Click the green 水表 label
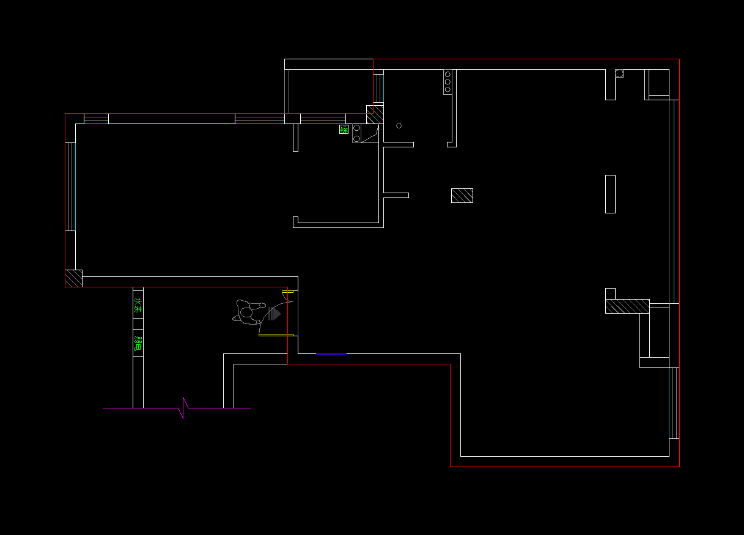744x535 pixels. tap(138, 306)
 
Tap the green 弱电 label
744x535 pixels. tap(138, 344)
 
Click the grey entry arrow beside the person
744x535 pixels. tap(274, 314)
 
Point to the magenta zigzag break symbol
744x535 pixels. tap(183, 408)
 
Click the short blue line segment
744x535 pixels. tap(331, 353)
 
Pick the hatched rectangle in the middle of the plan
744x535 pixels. tap(462, 196)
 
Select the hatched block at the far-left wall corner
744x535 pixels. tap(74, 278)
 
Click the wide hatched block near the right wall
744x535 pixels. tap(627, 306)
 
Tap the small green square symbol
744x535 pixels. tap(344, 129)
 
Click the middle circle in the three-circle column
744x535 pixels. tap(448, 81)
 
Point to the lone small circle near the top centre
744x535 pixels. tap(399, 126)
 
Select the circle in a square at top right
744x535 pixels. tap(619, 73)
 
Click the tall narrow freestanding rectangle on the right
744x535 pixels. tap(610, 194)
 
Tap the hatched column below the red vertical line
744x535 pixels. tap(375, 114)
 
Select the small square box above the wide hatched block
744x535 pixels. tap(610, 293)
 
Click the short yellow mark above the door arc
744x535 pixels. tap(285, 292)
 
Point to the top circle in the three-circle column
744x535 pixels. tap(448, 73)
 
